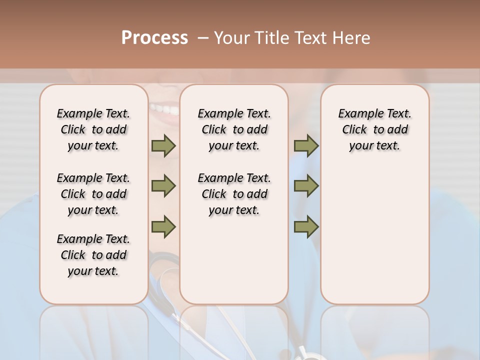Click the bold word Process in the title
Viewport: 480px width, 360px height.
point(154,38)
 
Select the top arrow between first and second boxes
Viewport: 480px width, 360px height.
point(163,146)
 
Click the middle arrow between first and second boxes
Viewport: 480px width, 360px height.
point(163,186)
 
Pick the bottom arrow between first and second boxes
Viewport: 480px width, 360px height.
point(163,227)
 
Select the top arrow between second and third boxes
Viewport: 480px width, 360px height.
point(306,146)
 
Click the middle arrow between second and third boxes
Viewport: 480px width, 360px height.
point(306,186)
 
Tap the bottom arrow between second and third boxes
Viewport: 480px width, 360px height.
point(306,227)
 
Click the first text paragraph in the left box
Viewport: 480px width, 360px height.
point(93,129)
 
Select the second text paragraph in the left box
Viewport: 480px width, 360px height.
point(93,194)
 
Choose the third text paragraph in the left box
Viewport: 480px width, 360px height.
point(93,255)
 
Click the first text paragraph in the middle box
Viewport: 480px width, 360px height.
point(234,129)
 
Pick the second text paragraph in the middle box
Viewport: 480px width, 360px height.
point(234,194)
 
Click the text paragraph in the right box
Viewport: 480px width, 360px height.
point(374,129)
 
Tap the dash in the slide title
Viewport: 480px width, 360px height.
point(203,38)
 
